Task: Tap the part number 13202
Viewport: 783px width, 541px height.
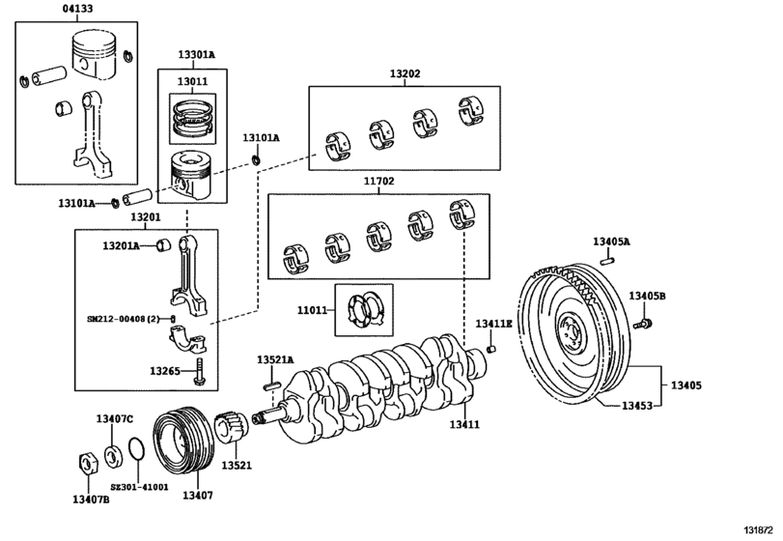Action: point(405,73)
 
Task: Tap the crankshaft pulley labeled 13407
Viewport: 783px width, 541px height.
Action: point(184,442)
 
